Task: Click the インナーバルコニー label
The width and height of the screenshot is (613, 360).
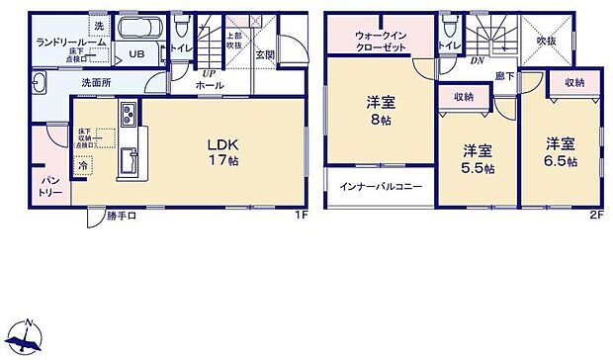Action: (381, 187)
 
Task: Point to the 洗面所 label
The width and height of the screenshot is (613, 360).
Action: (95, 84)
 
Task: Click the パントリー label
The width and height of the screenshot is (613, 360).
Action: (51, 185)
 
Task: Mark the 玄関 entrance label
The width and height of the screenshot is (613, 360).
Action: (264, 55)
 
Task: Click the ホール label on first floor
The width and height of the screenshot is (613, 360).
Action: (209, 86)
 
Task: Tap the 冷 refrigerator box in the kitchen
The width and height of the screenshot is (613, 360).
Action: (83, 166)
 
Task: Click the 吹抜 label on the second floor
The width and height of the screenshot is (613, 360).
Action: (547, 41)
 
